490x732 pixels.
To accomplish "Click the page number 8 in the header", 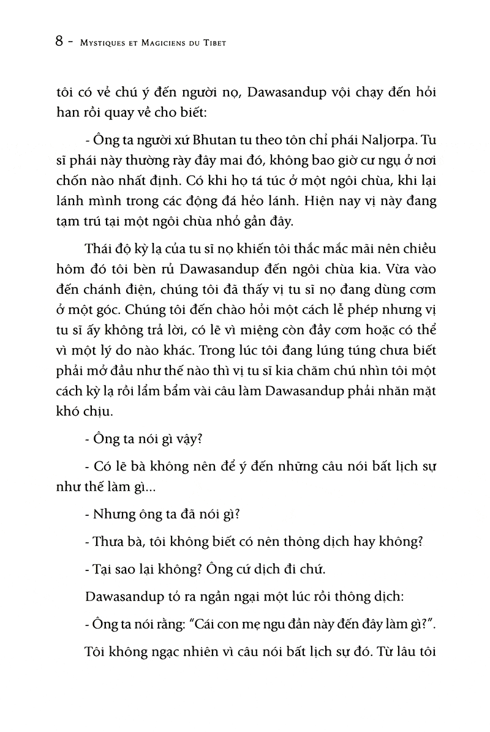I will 60,44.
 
